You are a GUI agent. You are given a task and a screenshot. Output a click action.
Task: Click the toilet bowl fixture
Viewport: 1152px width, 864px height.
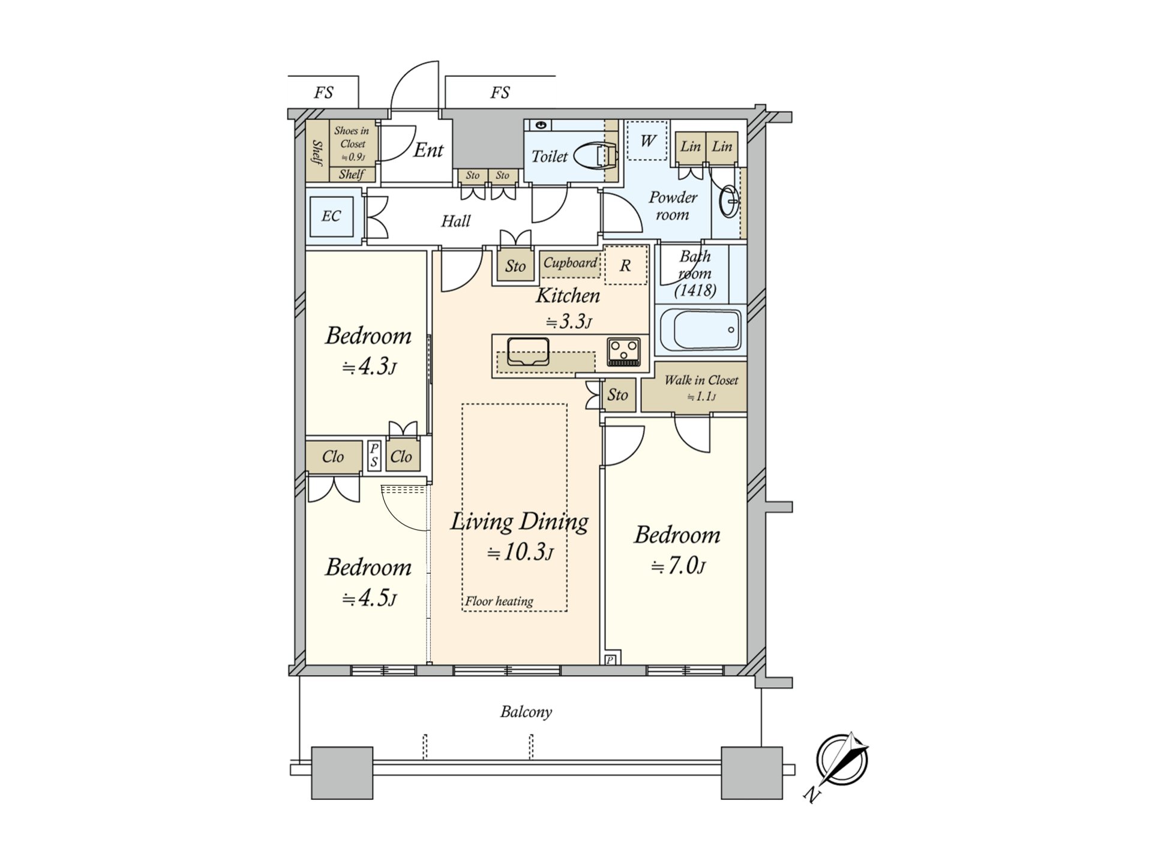tap(595, 157)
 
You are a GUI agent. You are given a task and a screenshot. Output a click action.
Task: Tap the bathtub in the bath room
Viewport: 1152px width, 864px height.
tap(700, 329)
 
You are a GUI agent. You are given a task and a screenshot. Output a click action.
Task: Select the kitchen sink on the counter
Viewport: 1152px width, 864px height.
tap(528, 351)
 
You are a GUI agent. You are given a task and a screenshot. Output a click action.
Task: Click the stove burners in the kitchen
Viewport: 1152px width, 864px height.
tap(624, 351)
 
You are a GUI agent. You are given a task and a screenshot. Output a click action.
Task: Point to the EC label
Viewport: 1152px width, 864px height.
tap(331, 216)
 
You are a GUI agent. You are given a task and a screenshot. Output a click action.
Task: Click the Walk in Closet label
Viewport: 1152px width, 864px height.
tap(701, 380)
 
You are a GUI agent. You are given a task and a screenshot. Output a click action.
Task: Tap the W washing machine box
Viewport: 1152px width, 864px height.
tap(647, 141)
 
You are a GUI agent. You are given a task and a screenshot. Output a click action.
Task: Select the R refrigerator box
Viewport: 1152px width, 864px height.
tap(625, 266)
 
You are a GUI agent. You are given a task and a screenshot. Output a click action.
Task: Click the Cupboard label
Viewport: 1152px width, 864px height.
tap(570, 263)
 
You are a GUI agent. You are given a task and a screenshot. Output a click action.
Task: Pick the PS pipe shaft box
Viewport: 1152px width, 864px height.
tap(374, 455)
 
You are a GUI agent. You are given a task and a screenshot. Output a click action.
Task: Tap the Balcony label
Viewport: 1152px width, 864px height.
tap(526, 712)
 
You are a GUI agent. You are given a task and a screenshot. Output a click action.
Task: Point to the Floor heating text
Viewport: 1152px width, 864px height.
tap(499, 601)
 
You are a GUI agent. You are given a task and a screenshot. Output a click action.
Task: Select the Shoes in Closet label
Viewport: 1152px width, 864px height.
tap(352, 143)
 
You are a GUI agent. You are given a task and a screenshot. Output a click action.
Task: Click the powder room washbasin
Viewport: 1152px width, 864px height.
tap(729, 201)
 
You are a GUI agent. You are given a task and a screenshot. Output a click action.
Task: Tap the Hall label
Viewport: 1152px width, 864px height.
tap(455, 221)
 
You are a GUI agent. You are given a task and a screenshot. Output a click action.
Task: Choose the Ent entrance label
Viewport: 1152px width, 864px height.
tap(428, 150)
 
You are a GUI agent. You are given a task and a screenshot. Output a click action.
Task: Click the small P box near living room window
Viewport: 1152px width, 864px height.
tap(610, 660)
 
